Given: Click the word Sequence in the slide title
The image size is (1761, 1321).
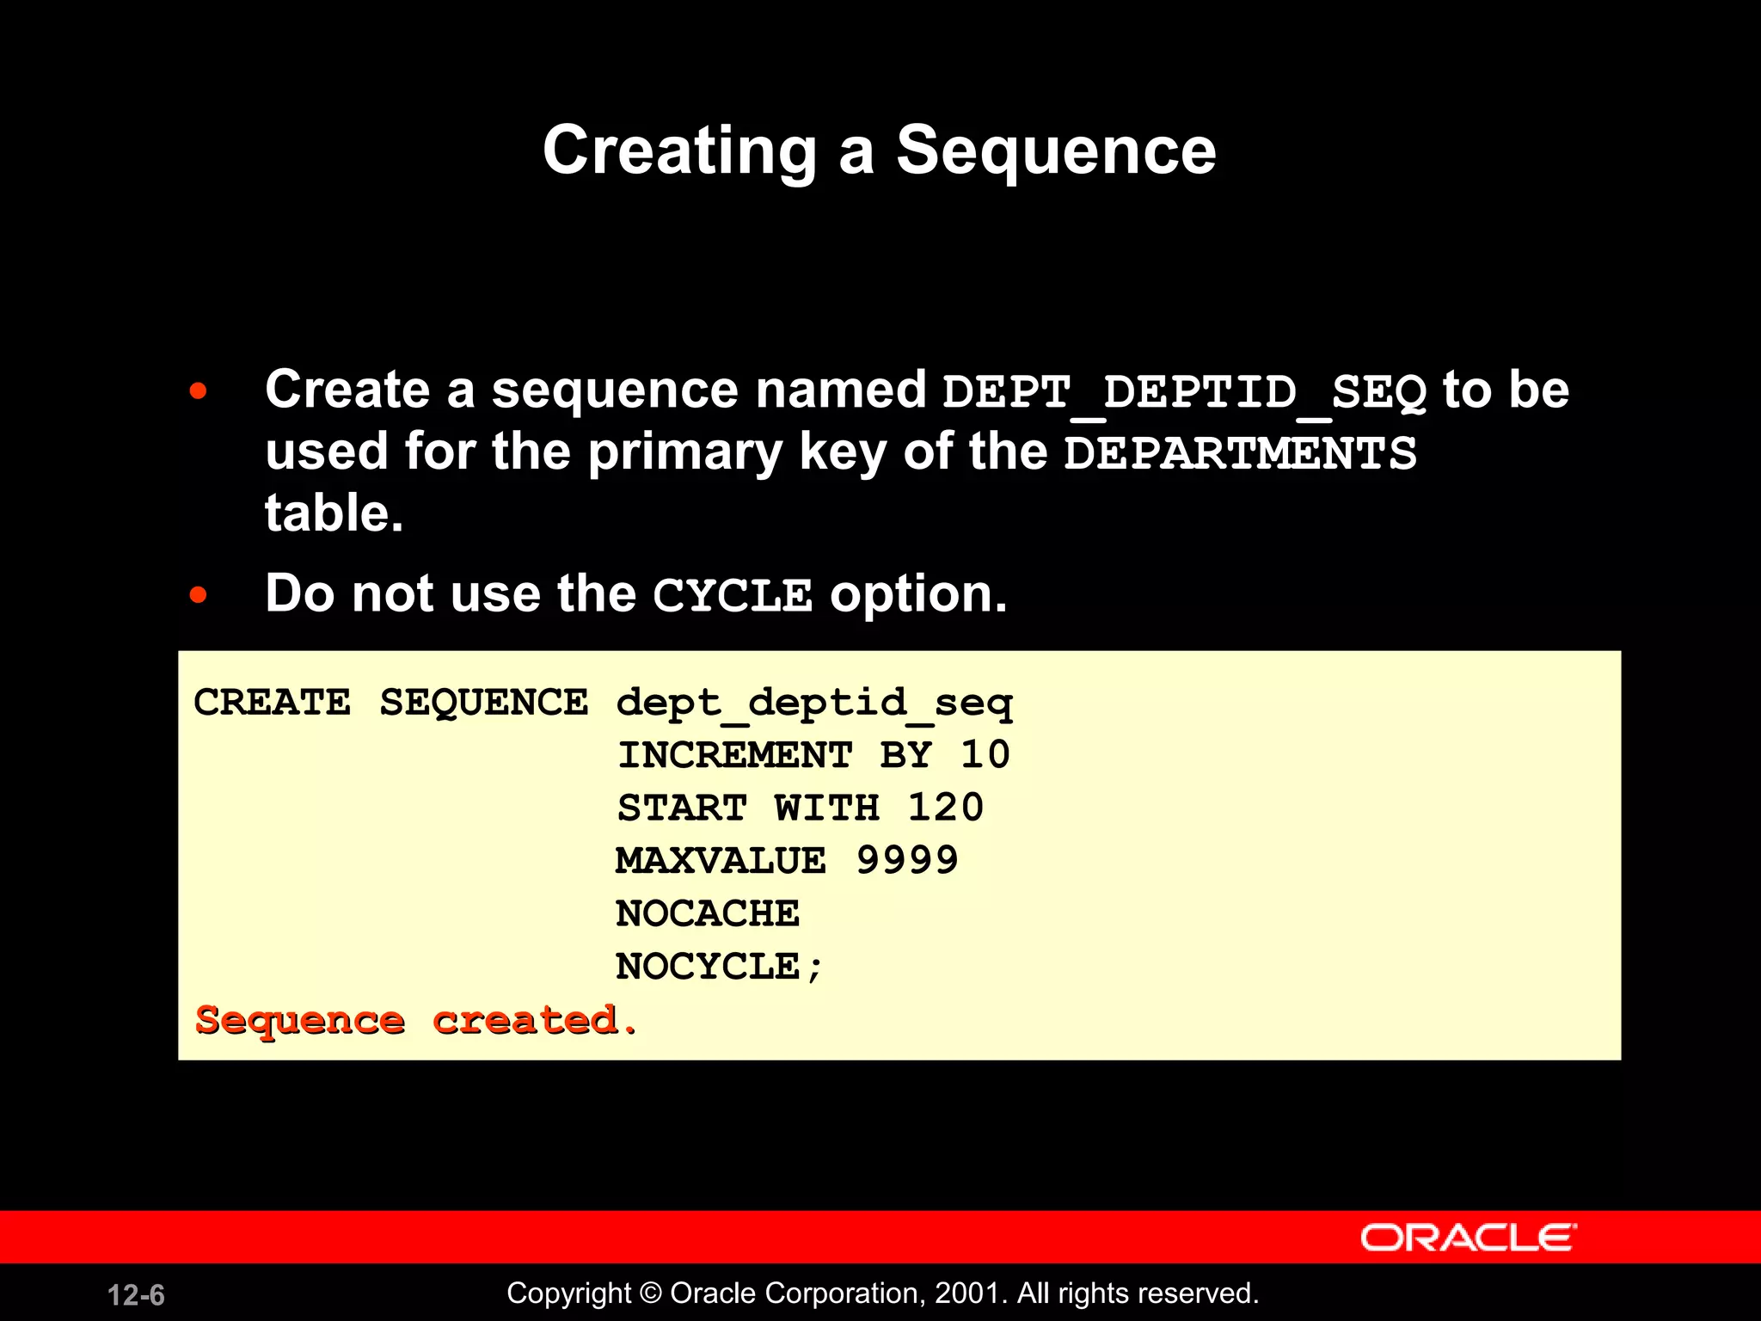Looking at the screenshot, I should [1055, 151].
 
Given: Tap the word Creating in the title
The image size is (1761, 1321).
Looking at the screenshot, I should [679, 152].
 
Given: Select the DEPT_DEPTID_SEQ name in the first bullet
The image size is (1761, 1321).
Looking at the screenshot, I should [1184, 392].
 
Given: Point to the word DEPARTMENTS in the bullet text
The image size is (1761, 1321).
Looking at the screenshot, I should [1240, 453].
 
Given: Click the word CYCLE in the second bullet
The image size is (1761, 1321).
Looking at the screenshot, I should [733, 595].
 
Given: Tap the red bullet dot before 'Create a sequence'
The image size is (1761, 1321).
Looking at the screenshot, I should [199, 391].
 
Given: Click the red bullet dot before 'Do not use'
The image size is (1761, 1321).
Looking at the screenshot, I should [199, 594].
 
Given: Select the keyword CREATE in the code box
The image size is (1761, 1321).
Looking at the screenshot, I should [273, 703].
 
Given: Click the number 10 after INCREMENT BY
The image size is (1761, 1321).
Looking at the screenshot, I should [985, 755].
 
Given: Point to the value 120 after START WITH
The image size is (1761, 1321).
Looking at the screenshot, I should [946, 808].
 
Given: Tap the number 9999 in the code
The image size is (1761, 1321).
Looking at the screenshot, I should [907, 861].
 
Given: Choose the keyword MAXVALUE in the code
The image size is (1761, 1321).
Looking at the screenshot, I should [721, 861].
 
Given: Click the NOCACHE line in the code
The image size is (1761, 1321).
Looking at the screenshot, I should [708, 913].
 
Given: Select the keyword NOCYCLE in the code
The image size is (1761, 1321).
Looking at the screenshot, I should [708, 967].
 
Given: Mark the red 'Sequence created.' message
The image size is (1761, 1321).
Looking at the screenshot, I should [416, 1021].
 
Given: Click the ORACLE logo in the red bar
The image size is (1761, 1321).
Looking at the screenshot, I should [1468, 1238].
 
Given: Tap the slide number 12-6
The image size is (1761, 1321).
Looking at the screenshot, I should [136, 1295].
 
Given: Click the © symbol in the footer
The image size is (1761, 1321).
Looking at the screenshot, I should [651, 1293].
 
